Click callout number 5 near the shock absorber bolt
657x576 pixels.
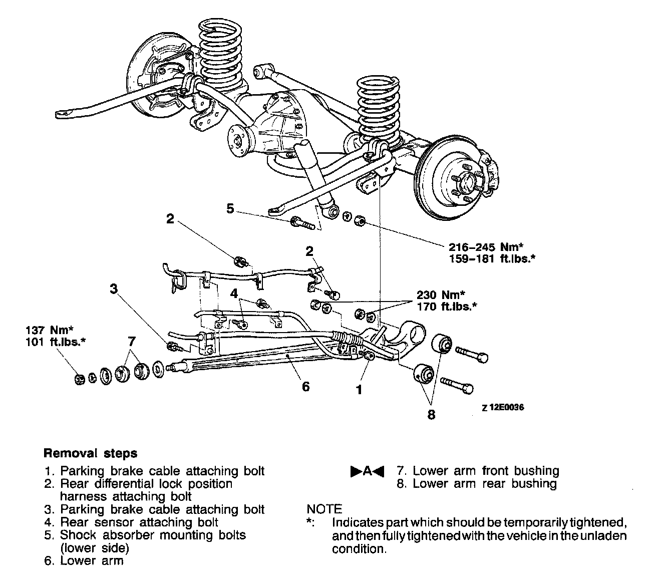point(230,208)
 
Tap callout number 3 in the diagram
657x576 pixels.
point(114,288)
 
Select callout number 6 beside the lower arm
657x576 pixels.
point(305,386)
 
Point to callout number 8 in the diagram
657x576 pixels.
point(431,415)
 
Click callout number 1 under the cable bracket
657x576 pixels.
point(359,389)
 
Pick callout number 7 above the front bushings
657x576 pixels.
point(132,342)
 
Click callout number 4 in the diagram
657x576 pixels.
point(233,293)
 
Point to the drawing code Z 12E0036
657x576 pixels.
point(503,408)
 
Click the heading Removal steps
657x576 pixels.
point(91,453)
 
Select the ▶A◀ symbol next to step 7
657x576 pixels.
point(367,471)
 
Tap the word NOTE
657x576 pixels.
point(324,509)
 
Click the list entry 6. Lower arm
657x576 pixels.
point(83,560)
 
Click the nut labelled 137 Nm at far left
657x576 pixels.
point(79,380)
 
